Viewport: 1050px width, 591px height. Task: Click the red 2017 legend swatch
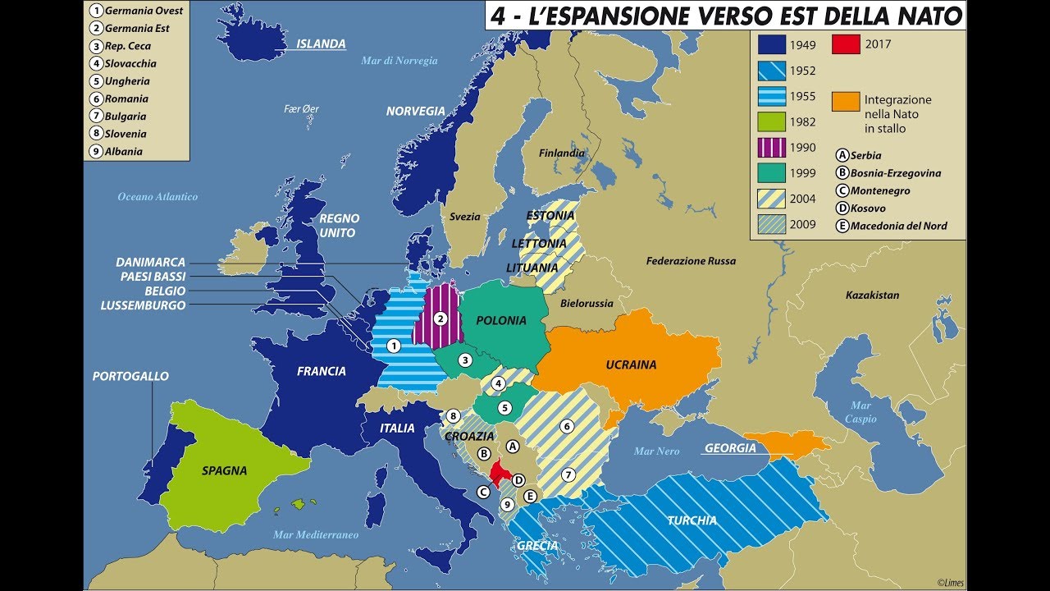click(x=847, y=44)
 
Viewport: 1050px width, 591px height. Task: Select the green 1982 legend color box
click(x=772, y=121)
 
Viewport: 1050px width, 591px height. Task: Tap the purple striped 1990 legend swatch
click(x=772, y=147)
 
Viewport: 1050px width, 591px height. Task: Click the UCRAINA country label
click(x=631, y=364)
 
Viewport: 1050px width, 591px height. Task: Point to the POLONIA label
click(x=500, y=320)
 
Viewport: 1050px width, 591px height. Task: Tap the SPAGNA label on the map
click(x=224, y=471)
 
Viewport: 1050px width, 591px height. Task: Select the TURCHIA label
click(x=692, y=520)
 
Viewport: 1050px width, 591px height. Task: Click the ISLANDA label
click(x=321, y=44)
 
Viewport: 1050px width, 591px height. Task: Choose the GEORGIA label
click(x=729, y=448)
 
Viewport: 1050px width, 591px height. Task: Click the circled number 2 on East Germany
click(x=441, y=318)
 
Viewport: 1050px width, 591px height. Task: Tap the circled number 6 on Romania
click(x=565, y=426)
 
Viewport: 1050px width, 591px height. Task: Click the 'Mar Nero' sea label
click(x=656, y=451)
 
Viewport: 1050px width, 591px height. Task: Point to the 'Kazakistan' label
click(x=872, y=295)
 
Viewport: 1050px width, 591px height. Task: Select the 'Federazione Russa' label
click(x=691, y=261)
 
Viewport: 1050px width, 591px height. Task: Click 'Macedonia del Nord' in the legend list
click(x=898, y=226)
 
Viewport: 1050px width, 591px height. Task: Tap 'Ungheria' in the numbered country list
click(x=127, y=81)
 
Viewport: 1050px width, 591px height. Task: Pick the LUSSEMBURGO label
click(x=143, y=305)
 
